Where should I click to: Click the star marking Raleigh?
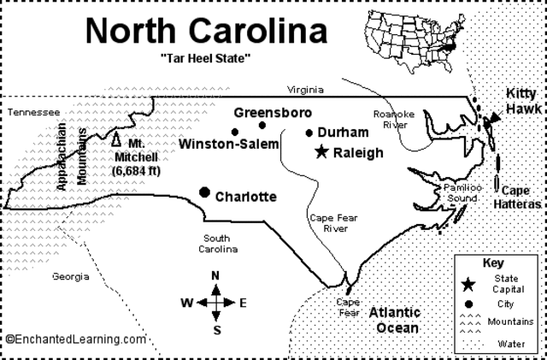[321, 152]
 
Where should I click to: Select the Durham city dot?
[309, 133]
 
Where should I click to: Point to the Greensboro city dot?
[262, 125]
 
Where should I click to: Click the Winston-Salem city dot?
[234, 132]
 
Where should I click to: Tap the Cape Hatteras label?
[521, 198]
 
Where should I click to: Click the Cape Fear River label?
[332, 223]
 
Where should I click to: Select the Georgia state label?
[70, 276]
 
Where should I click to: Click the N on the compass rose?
[216, 275]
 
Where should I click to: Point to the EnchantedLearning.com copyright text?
[74, 339]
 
